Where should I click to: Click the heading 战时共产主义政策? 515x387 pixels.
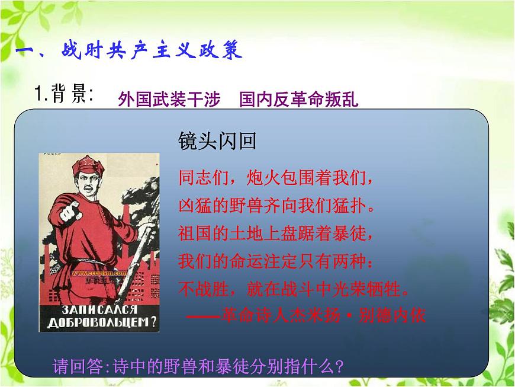pyautogui.click(x=152, y=51)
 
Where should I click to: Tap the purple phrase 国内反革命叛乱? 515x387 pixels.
pyautogui.click(x=299, y=98)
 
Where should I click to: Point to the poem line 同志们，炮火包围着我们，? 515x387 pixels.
pyautogui.click(x=276, y=177)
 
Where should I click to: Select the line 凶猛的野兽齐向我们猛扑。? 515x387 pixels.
pyautogui.click(x=276, y=205)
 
